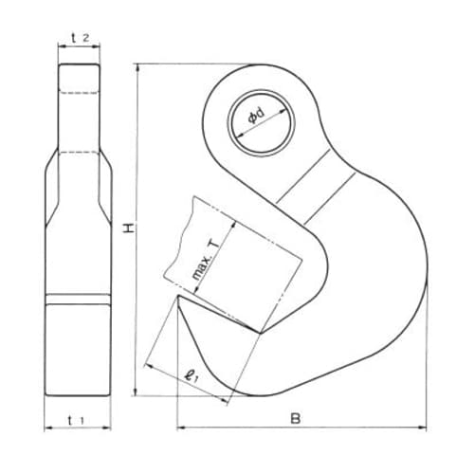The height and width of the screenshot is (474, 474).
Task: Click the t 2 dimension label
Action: (80, 38)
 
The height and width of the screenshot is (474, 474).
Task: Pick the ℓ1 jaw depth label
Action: (192, 376)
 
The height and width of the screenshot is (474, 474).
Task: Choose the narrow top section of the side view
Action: (80, 104)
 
